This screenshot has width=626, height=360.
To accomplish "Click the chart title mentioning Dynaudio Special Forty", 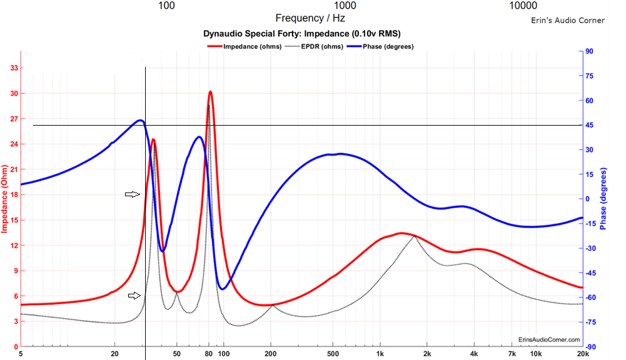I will click(x=303, y=34).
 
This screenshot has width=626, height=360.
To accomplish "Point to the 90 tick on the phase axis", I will click(x=589, y=51).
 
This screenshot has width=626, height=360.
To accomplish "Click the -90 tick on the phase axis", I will click(x=590, y=347).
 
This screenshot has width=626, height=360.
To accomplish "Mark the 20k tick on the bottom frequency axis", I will click(x=582, y=354).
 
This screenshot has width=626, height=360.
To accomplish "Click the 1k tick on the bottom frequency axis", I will click(x=380, y=354).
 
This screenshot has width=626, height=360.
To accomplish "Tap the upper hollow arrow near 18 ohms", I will click(x=132, y=194).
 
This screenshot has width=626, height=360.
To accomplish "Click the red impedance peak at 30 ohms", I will click(x=211, y=92).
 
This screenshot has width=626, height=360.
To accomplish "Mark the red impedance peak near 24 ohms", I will click(x=153, y=140).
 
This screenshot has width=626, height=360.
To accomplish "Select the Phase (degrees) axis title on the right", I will click(x=604, y=199).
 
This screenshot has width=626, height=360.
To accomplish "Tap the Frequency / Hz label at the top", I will click(x=310, y=18).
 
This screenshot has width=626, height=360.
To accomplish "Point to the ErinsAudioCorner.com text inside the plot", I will click(x=549, y=339).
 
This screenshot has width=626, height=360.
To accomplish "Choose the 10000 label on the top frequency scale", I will click(x=523, y=6).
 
